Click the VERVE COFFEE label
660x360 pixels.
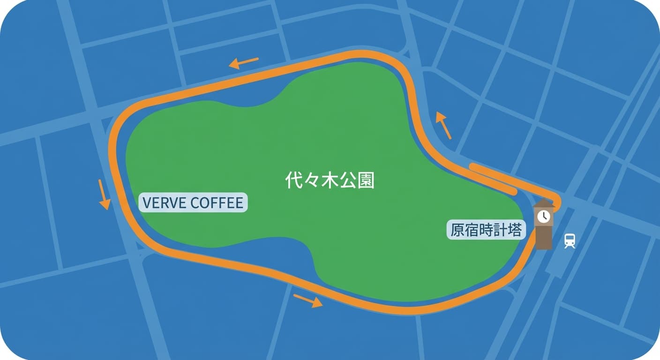(x=193, y=203)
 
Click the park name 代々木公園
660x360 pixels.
(x=330, y=180)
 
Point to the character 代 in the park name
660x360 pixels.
(x=293, y=180)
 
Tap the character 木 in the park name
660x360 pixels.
(x=330, y=180)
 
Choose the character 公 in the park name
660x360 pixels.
(x=348, y=180)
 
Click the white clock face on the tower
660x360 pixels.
(x=544, y=216)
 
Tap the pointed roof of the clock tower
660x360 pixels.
(x=544, y=202)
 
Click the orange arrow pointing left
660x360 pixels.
(x=243, y=62)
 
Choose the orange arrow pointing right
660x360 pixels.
(x=308, y=300)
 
